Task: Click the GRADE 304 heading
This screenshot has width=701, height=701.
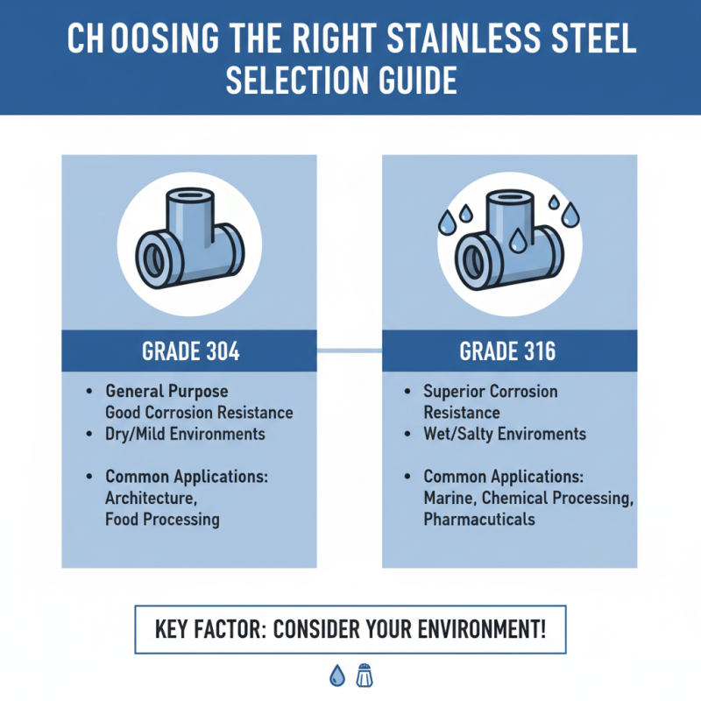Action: [190, 351]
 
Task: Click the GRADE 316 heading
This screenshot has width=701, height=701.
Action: [509, 351]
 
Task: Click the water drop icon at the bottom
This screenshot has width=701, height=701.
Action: [336, 674]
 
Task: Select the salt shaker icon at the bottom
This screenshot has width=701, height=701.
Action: [364, 674]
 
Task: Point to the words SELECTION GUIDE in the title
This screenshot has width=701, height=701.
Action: [342, 81]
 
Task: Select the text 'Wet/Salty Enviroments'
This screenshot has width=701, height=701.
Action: [505, 434]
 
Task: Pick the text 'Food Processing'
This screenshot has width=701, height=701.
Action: [162, 519]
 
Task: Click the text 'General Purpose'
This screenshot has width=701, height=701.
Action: [166, 391]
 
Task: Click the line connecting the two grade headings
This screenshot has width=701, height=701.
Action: [350, 351]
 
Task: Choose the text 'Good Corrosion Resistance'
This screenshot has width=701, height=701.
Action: [199, 412]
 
